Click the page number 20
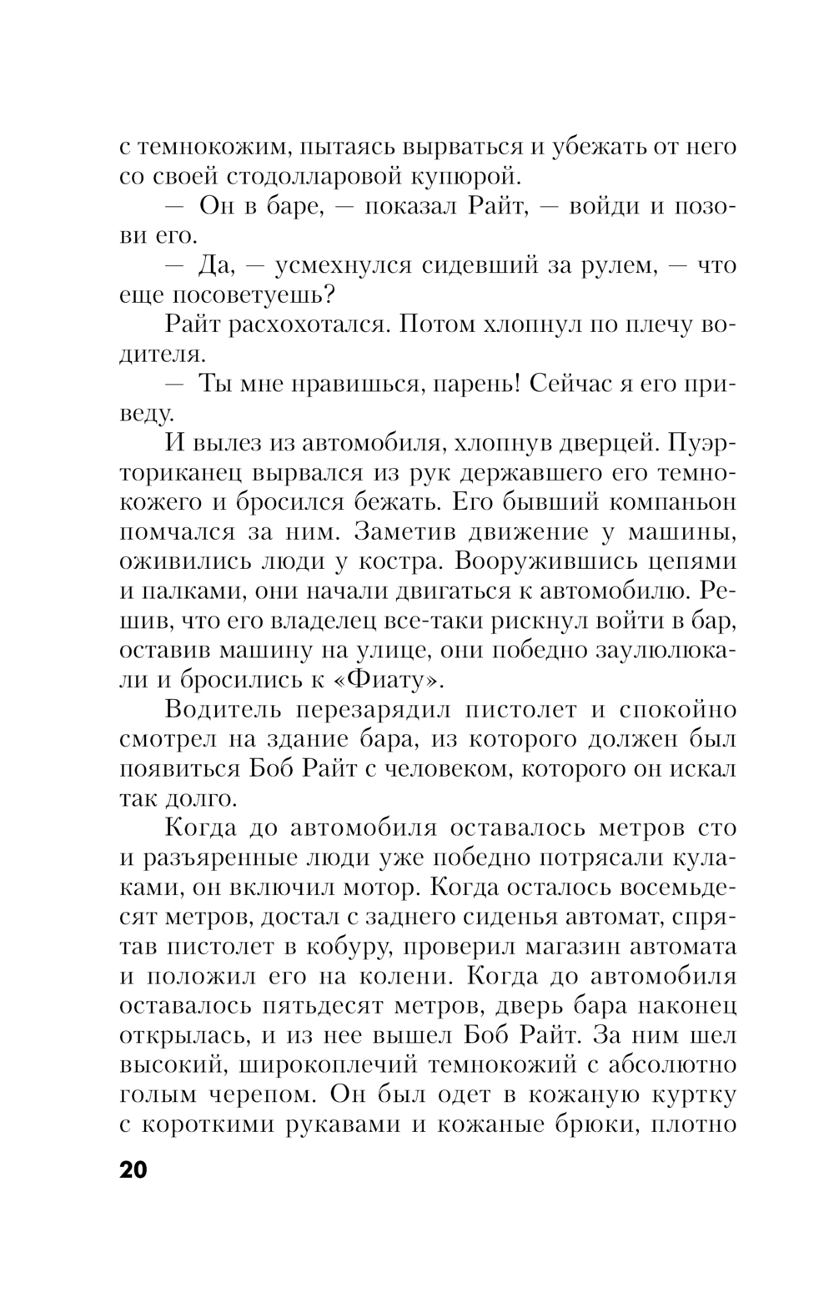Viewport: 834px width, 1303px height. [x=133, y=1170]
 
